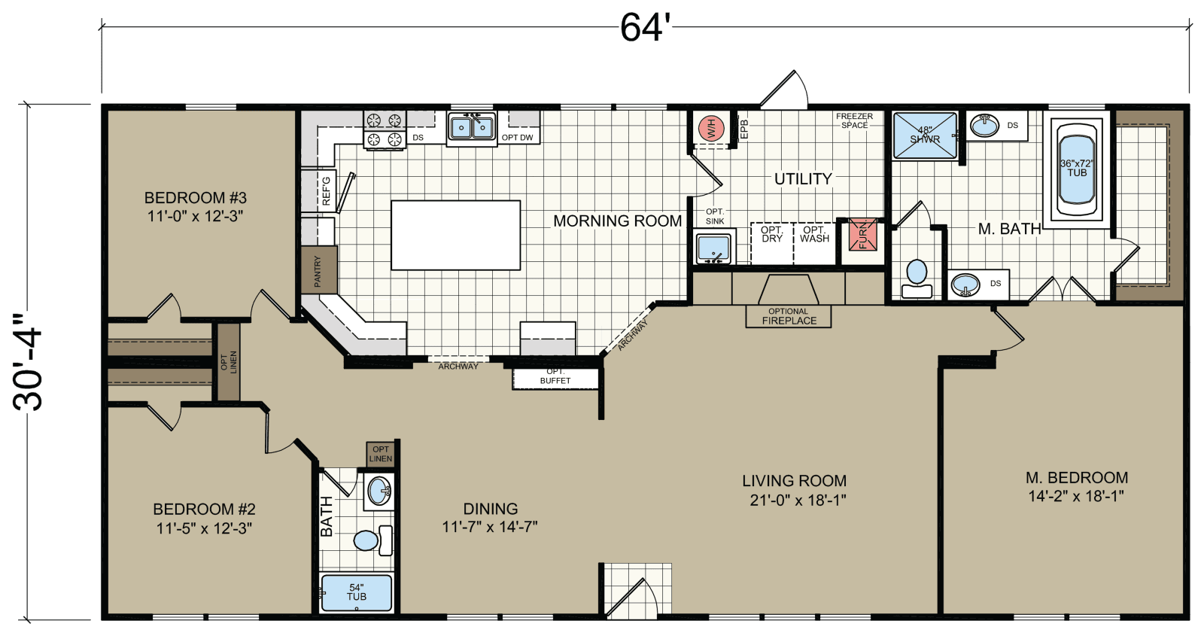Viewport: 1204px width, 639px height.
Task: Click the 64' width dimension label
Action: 644,28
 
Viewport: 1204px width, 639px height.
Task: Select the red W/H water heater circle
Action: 711,128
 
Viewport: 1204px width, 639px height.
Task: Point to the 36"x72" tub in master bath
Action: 1077,169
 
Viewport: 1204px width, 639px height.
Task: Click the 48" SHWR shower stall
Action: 925,135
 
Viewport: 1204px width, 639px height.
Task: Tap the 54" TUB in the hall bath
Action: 356,593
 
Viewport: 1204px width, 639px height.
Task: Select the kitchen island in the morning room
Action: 456,235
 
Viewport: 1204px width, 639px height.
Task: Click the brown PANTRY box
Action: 318,269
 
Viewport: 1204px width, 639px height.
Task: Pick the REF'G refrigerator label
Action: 326,191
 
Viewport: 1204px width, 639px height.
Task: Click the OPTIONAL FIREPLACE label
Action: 789,316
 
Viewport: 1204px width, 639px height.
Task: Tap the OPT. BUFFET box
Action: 555,376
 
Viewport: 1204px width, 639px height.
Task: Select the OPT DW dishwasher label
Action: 518,138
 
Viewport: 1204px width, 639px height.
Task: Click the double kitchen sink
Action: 472,128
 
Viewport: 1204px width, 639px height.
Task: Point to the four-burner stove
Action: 384,129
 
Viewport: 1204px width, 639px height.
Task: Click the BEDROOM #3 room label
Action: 196,198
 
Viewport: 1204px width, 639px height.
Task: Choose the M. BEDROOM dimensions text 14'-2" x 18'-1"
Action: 1076,496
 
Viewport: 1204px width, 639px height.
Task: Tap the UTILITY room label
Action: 803,179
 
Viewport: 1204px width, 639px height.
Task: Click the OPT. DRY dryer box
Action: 772,243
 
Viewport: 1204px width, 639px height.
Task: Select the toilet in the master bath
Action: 917,276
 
